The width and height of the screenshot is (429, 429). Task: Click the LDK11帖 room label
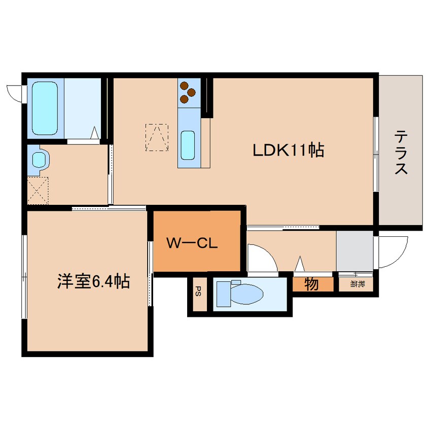click(x=289, y=150)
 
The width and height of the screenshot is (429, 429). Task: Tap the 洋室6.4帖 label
click(x=93, y=281)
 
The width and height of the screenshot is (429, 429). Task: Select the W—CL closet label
click(x=192, y=243)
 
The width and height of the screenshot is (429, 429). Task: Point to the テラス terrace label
click(x=401, y=153)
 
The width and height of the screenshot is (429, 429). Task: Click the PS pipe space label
click(x=199, y=291)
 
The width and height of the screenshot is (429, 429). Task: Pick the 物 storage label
click(x=312, y=284)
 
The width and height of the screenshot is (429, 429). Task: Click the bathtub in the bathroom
click(x=45, y=109)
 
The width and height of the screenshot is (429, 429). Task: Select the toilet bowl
click(x=246, y=294)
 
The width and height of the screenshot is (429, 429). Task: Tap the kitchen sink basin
click(x=188, y=145)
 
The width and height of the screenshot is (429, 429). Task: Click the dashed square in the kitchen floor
click(x=157, y=137)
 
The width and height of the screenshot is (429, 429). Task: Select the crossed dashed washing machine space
click(x=38, y=191)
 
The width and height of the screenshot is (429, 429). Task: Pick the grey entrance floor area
click(x=354, y=251)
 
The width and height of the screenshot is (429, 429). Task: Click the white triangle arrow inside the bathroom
click(x=94, y=132)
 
